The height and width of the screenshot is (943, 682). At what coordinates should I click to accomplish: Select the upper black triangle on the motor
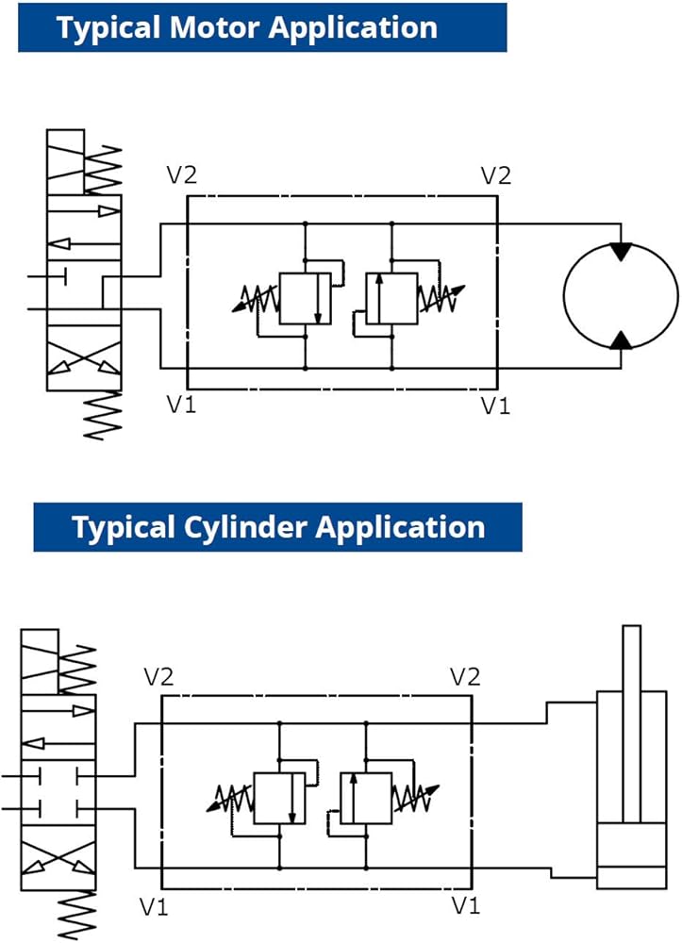pos(621,252)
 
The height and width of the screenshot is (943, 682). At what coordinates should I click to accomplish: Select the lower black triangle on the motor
pos(621,339)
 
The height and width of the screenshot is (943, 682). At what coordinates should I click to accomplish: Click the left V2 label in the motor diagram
pos(182,175)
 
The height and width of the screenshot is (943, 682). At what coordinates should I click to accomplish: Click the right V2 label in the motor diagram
pos(496,175)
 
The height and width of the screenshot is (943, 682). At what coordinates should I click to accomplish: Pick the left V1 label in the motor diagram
pos(182,405)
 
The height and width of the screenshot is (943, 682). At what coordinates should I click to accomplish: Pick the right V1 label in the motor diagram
pos(496,405)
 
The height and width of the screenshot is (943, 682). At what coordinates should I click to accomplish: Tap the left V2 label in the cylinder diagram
pos(158,676)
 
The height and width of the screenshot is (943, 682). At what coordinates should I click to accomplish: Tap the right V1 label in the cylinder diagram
pos(466,905)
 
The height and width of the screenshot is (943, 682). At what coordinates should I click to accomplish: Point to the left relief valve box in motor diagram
pos(305,298)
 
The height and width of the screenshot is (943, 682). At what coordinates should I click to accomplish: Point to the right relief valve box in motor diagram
pos(391,298)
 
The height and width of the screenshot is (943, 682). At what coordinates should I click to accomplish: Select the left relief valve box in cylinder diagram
pos(279,798)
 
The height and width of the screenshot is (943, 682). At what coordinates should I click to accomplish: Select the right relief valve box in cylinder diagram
pos(366,798)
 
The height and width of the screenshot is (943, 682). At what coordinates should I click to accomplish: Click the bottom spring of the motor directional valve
pos(102,414)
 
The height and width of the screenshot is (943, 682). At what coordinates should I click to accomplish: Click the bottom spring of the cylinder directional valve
pos(77,915)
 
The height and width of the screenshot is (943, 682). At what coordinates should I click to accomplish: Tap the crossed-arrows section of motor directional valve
pos(84,358)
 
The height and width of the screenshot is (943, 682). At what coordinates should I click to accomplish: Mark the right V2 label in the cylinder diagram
pos(465,676)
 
